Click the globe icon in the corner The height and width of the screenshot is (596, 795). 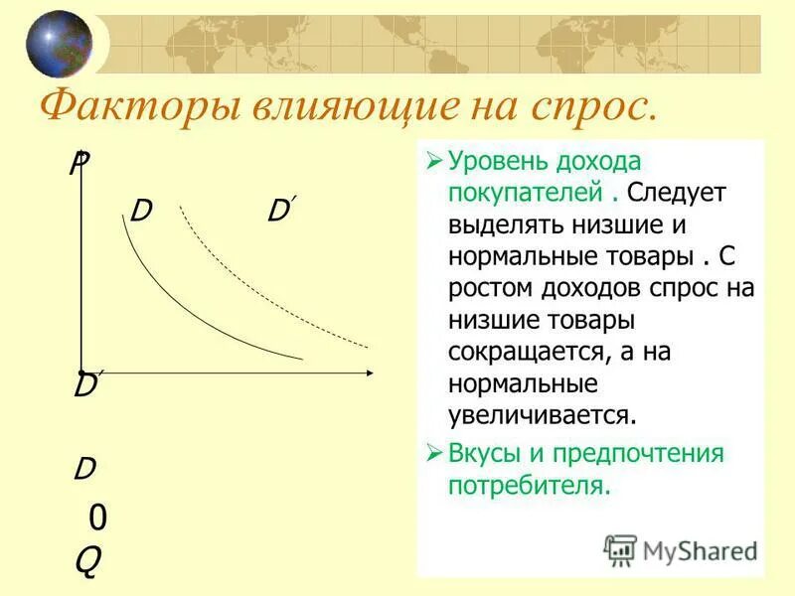59,43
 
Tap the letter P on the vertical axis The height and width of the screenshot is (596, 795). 78,164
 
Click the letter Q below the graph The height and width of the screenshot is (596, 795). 87,563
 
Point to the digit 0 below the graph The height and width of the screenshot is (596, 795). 97,518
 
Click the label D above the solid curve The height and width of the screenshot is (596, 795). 140,212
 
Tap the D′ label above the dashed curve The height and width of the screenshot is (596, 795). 280,211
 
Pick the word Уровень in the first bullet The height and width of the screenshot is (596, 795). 494,162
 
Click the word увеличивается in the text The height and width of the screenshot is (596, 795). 541,414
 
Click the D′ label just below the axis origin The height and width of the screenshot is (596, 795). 85,386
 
